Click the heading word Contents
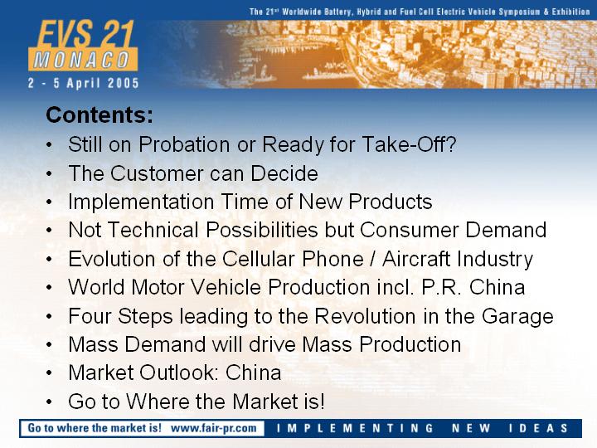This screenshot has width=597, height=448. click(99, 114)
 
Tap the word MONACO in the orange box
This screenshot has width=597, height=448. click(82, 60)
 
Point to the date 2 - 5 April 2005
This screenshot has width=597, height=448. click(84, 83)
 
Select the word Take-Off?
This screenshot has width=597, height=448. click(409, 144)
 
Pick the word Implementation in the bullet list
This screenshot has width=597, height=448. click(141, 202)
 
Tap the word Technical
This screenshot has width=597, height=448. click(153, 230)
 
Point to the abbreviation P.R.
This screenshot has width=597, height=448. click(442, 287)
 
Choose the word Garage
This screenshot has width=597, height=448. click(517, 317)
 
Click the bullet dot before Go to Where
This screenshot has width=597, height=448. click(49, 402)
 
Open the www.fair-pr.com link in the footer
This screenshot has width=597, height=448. click(214, 428)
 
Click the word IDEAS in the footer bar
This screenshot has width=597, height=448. click(538, 428)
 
